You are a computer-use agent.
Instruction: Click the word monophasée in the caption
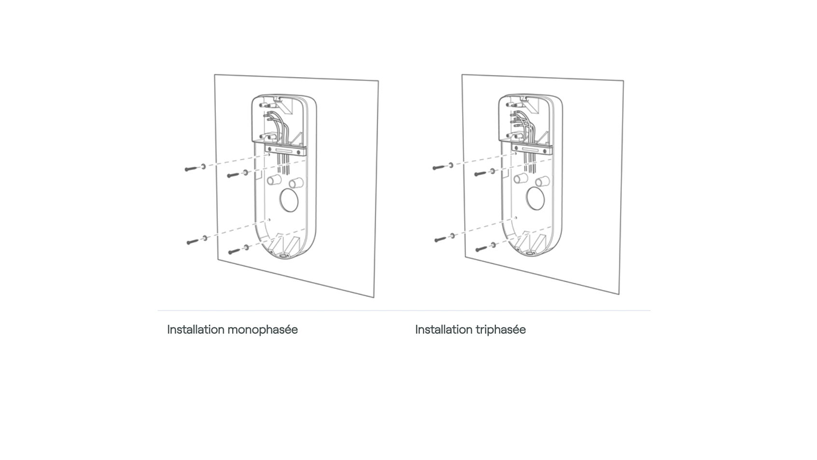pyautogui.click(x=263, y=330)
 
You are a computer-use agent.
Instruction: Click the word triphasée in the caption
pyautogui.click(x=501, y=330)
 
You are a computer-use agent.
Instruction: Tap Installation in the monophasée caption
pyautogui.click(x=196, y=330)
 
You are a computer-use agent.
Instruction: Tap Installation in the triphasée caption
pyautogui.click(x=444, y=330)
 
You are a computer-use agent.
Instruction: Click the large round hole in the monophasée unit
pyautogui.click(x=289, y=200)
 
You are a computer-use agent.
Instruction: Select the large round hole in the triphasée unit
pyautogui.click(x=535, y=198)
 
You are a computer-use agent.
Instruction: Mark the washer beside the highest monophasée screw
pyautogui.click(x=203, y=167)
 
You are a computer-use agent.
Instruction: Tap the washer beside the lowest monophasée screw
pyautogui.click(x=247, y=247)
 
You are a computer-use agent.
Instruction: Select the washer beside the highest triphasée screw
pyautogui.click(x=451, y=165)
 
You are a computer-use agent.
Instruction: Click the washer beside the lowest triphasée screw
pyautogui.click(x=493, y=245)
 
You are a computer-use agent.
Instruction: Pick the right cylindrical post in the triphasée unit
pyautogui.click(x=542, y=181)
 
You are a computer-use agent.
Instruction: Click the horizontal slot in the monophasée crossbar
pyautogui.click(x=285, y=150)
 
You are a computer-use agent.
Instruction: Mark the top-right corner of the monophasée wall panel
pyautogui.click(x=378, y=81)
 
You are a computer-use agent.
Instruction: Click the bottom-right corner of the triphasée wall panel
pyautogui.click(x=619, y=294)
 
